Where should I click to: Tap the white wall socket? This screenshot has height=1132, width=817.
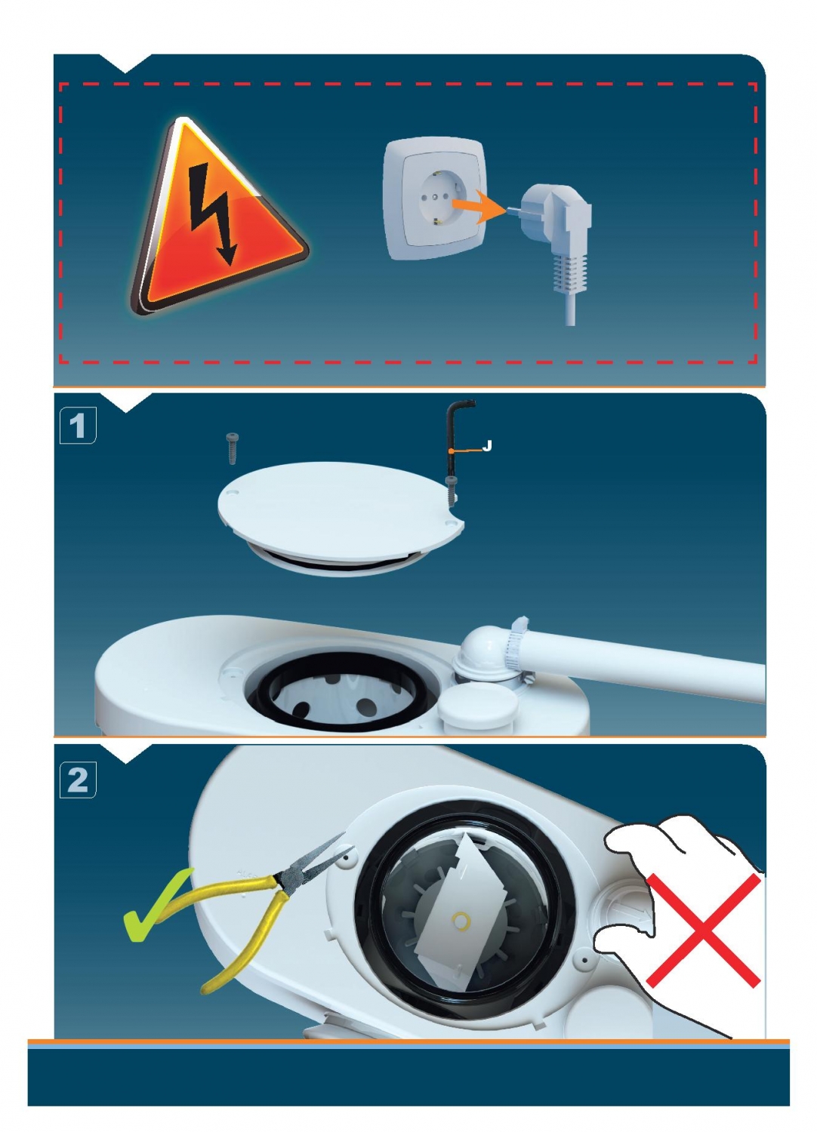pyautogui.click(x=435, y=200)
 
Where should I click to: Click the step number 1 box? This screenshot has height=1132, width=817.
pyautogui.click(x=77, y=426)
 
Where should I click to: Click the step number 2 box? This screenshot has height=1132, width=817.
pyautogui.click(x=77, y=780)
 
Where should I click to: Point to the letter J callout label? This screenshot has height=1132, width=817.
pyautogui.click(x=487, y=445)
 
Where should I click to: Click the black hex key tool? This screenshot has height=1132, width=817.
pyautogui.click(x=455, y=444)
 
